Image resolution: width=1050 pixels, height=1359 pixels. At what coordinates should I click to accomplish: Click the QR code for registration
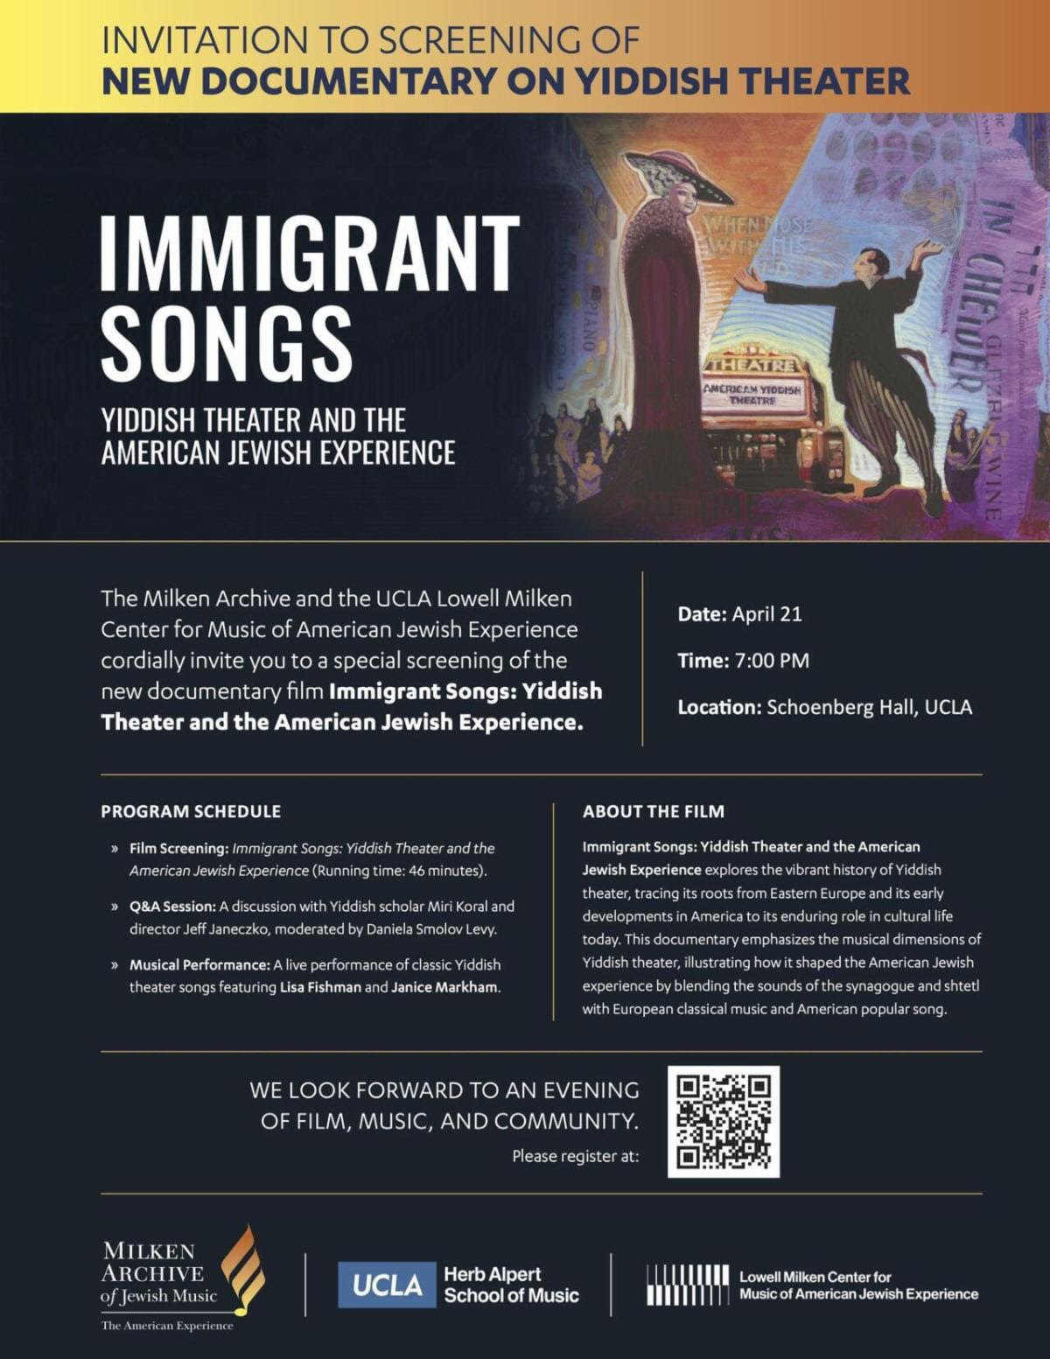click(x=723, y=1121)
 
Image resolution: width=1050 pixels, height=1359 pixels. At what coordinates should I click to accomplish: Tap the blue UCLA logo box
click(x=387, y=1285)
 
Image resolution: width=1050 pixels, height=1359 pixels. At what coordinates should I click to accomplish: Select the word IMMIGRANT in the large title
click(x=311, y=251)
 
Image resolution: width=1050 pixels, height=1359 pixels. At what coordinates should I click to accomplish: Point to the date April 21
click(x=766, y=613)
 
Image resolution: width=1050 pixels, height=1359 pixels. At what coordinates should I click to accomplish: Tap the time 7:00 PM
click(x=772, y=661)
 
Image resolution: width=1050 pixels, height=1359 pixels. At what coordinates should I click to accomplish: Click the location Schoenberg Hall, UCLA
click(x=869, y=707)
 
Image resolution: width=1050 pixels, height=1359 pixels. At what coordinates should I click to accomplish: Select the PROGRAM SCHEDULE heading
click(x=191, y=811)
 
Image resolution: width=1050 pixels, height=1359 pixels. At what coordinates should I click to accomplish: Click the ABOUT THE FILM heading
click(x=654, y=811)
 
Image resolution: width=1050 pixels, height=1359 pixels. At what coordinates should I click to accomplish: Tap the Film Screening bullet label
click(x=179, y=848)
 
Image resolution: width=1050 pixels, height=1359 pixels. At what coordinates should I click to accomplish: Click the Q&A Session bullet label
click(x=172, y=907)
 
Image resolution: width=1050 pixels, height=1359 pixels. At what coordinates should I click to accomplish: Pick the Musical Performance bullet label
click(x=199, y=964)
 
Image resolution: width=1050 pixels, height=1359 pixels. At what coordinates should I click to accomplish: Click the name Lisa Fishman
click(x=319, y=987)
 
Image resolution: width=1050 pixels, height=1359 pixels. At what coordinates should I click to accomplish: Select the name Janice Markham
click(x=444, y=987)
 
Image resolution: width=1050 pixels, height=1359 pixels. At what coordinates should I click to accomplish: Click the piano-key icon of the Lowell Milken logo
click(x=687, y=1285)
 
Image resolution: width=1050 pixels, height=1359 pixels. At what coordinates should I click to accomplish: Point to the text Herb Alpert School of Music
click(x=511, y=1285)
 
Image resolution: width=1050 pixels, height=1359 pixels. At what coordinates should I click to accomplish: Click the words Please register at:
click(x=576, y=1156)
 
